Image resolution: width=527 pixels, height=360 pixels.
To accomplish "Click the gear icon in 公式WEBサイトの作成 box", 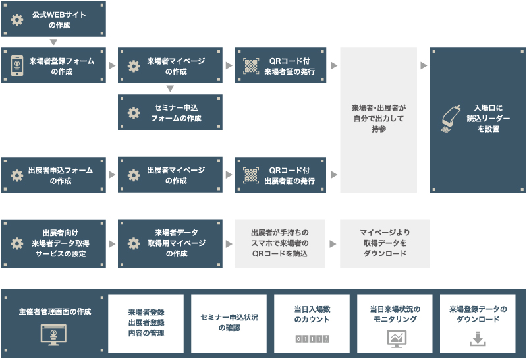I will [x=17, y=20].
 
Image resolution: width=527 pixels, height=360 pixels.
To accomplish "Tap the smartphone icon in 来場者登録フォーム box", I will [x=17, y=65].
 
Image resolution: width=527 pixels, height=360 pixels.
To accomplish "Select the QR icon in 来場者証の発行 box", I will [x=252, y=65].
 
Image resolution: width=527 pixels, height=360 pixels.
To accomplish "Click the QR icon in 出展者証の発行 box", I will [x=252, y=175].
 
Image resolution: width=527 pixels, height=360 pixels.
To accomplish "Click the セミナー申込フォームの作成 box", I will [x=171, y=113].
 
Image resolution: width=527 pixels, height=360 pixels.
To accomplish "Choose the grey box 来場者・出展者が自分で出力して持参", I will [x=378, y=120].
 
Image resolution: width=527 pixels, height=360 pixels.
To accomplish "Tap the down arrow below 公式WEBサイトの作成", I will [x=53, y=42].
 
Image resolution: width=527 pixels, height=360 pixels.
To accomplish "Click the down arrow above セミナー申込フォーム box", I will [x=170, y=88].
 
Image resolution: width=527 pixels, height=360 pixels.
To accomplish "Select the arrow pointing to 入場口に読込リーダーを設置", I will [x=424, y=66].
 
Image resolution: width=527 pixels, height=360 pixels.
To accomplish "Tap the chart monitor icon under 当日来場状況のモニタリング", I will [x=395, y=338].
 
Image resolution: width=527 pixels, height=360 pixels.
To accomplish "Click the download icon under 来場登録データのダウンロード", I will [x=478, y=339].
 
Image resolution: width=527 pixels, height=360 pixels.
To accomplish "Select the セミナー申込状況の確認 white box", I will [x=229, y=324].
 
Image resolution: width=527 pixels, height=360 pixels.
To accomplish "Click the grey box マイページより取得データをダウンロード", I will [x=385, y=244].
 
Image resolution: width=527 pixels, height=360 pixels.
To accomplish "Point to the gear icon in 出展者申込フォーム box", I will [x=17, y=175].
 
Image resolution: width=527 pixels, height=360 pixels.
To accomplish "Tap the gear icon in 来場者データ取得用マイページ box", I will [x=134, y=244].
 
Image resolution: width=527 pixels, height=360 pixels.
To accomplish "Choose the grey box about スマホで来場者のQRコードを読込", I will [x=280, y=244].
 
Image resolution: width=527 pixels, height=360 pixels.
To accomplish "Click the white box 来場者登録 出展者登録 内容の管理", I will [x=146, y=324].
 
